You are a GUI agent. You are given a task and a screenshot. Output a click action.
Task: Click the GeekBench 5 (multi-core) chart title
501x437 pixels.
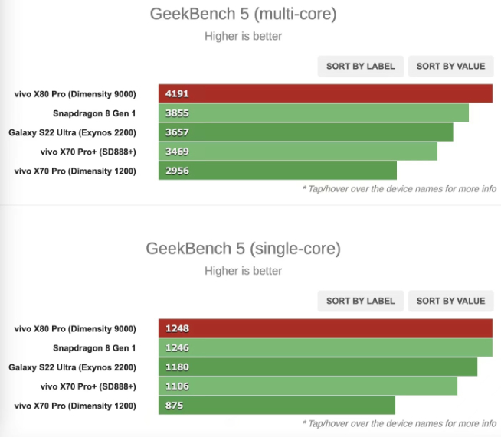point(243,14)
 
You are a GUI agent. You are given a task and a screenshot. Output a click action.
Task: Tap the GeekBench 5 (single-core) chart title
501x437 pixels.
point(243,249)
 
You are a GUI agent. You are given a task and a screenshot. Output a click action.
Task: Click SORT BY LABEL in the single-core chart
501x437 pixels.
point(360,301)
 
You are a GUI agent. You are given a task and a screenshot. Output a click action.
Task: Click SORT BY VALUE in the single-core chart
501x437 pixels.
point(450,301)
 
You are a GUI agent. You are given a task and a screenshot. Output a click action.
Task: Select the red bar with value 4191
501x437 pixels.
point(325,94)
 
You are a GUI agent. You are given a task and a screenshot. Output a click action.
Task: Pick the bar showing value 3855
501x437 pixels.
point(313,113)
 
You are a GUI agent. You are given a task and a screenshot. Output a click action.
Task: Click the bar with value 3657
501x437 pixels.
point(306,132)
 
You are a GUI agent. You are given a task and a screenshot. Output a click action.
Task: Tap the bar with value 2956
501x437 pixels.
point(277,171)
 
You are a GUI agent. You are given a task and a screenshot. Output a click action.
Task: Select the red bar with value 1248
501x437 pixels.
point(325,329)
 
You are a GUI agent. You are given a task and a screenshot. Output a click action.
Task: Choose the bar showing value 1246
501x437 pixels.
point(325,348)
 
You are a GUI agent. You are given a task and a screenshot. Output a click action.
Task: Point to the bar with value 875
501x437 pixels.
point(277,406)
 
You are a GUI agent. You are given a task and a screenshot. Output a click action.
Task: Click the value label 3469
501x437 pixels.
point(176,152)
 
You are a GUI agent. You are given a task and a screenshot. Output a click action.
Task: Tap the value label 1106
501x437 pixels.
point(176,386)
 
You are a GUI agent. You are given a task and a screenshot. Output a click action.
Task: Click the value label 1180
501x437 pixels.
point(176,367)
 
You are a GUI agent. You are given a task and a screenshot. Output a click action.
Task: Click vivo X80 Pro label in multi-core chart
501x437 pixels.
point(75,94)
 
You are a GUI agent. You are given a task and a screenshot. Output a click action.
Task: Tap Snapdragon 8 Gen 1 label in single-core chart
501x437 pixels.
point(93,348)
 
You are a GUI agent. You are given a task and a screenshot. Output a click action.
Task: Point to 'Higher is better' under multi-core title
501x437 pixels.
point(243,36)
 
